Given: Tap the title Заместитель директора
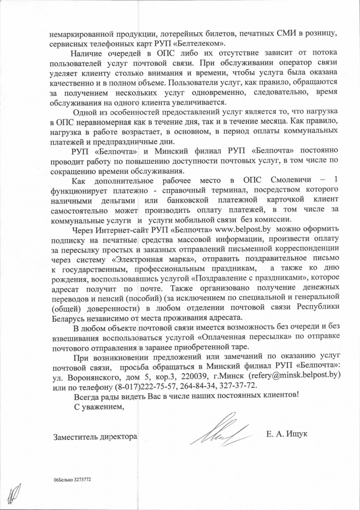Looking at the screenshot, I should coord(95,436).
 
